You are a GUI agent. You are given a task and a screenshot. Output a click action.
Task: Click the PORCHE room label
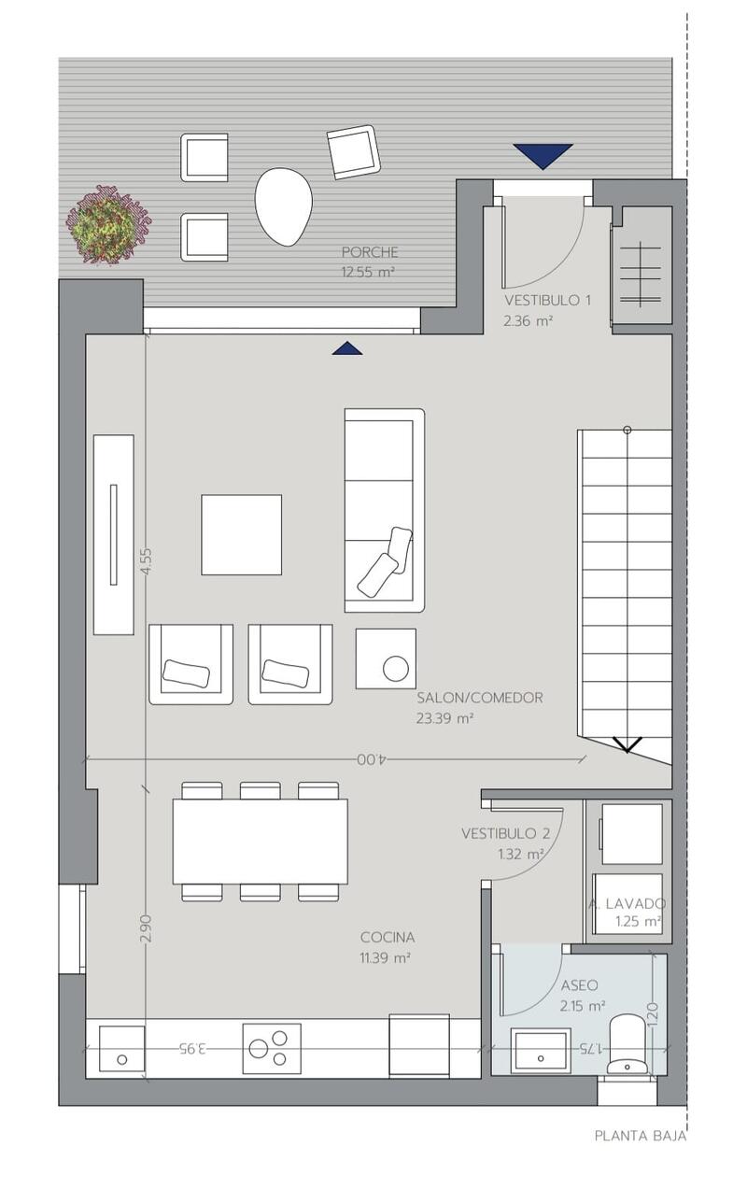[369, 251]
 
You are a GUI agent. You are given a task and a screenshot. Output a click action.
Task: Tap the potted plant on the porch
[108, 224]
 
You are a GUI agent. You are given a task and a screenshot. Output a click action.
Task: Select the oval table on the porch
[283, 206]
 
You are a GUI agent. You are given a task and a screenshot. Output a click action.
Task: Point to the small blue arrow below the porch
[347, 347]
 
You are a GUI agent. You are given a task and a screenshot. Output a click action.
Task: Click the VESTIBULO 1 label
[547, 301]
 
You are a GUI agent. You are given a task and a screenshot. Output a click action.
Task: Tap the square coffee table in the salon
[242, 534]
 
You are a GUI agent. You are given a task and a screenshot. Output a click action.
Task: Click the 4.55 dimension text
[147, 560]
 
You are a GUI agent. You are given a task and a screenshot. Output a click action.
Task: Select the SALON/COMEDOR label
[480, 698]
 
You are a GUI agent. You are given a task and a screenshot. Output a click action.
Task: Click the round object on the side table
[396, 668]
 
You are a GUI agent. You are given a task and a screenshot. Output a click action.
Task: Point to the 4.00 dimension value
[373, 759]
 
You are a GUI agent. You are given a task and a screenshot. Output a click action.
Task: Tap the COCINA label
[388, 938]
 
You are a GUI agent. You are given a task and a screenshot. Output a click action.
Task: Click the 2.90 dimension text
[147, 927]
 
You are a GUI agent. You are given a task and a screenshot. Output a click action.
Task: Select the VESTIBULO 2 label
[505, 833]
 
